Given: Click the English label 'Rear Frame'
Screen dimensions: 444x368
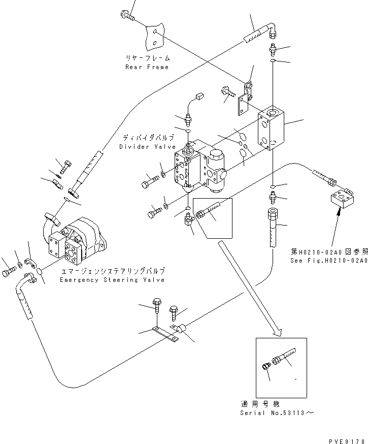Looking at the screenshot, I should (147, 67).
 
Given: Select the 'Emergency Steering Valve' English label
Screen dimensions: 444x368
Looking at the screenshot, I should (112, 280).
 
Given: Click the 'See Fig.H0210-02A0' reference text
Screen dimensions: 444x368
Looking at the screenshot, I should (329, 260).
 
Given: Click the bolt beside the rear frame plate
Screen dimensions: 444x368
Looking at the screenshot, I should (127, 17).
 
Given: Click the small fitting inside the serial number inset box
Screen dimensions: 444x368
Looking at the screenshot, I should (266, 367).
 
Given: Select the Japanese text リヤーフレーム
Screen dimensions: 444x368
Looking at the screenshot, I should (147, 58).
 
